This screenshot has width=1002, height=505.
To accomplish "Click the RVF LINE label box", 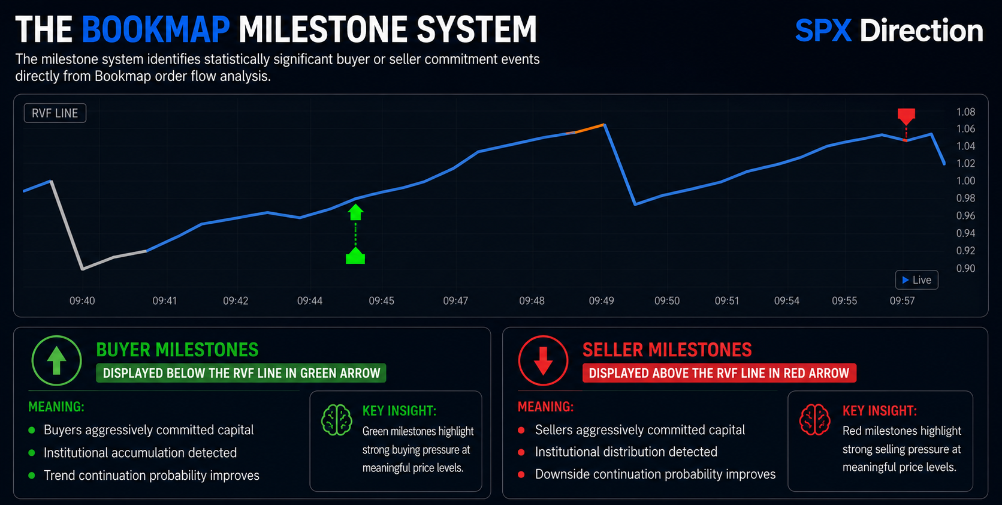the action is (55, 113).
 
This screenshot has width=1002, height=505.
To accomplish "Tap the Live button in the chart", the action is (916, 280).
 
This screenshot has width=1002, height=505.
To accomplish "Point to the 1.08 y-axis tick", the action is (966, 112).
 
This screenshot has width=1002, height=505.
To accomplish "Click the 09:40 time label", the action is (82, 301).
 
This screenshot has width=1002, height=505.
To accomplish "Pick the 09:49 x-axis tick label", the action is (601, 301).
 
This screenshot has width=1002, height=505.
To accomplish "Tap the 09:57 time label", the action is (903, 301).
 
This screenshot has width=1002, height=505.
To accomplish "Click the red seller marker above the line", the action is (906, 116).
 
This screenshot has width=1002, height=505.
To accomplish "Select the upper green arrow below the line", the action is (355, 212).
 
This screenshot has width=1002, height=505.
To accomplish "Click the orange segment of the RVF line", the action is (590, 128).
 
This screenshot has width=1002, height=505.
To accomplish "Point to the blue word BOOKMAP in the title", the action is (156, 29).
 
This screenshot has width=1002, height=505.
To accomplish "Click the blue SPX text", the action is (823, 31).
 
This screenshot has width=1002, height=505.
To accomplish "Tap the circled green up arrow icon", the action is (56, 360).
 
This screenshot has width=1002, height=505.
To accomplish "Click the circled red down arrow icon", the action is (543, 360).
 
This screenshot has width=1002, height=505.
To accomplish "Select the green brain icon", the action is (336, 420).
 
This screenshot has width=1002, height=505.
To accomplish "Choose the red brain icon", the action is (814, 419).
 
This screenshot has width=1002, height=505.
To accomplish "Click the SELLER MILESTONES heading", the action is (667, 350).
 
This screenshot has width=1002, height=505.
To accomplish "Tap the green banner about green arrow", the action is (241, 373).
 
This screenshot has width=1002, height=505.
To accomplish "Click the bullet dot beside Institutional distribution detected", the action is (521, 452).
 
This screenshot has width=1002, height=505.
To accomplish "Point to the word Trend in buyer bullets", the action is (59, 476).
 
